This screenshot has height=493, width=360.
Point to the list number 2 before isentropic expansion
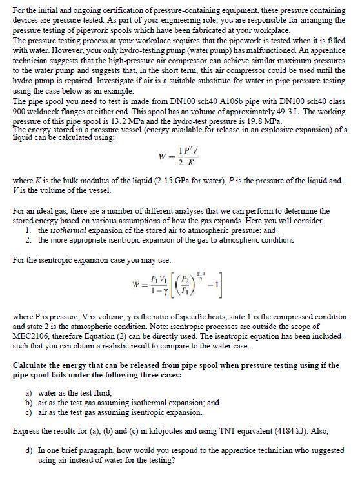point(28,239)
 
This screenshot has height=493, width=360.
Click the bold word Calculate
point(32,365)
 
